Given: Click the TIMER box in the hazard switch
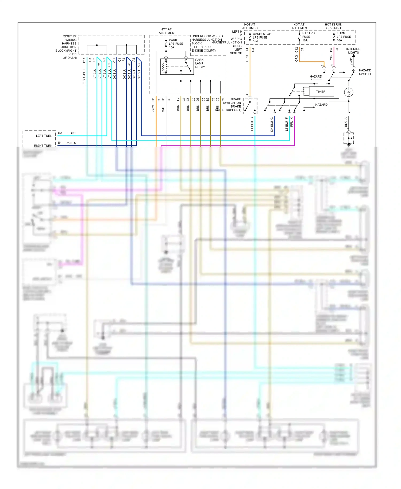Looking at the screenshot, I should tap(321, 91).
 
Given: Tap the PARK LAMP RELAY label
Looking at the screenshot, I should tap(200, 63).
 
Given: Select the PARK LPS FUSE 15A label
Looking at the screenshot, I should tap(176, 44).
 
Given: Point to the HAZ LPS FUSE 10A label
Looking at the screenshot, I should tap(308, 37).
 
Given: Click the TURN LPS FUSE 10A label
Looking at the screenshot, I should tap(344, 37).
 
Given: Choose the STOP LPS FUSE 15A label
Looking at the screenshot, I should tap(261, 37).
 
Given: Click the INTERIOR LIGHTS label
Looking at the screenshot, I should tap(353, 51).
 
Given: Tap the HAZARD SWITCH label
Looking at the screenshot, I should tap(365, 72).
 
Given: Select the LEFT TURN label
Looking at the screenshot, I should tap(44, 136).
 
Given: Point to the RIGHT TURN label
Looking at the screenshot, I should tap(43, 146).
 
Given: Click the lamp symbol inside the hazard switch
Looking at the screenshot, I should tap(349, 92).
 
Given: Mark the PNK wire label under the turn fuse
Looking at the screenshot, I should tap(331, 58).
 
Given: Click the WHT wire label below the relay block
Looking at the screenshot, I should tap(163, 108).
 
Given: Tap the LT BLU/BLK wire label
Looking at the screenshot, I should tap(84, 77).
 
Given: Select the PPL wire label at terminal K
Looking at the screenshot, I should tap(292, 124).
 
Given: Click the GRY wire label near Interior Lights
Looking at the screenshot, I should tap(351, 60).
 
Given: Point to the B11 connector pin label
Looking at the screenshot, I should tap(84, 60).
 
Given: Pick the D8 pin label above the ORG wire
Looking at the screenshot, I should tap(153, 99).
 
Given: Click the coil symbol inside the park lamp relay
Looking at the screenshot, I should tap(164, 67).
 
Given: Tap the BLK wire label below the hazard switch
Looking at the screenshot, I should tap(346, 124).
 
